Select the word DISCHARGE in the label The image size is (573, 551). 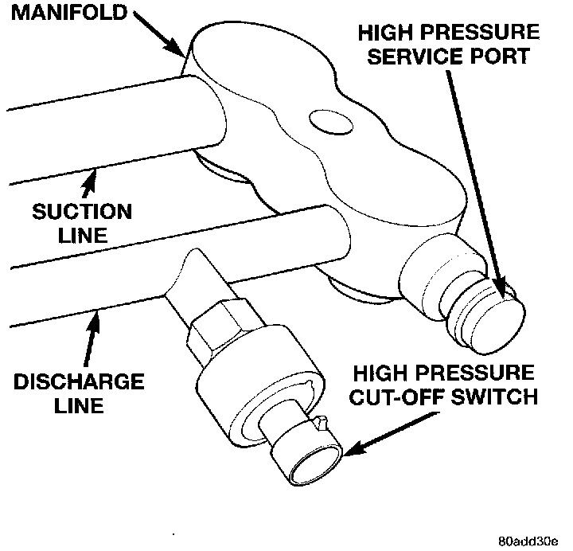click(78, 381)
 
